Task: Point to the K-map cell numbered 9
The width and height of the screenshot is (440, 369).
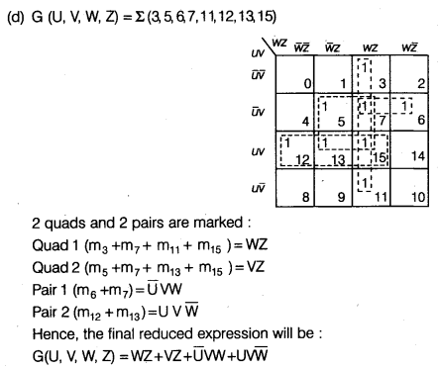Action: coord(335,188)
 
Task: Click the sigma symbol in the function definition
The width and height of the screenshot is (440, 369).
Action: coord(150,16)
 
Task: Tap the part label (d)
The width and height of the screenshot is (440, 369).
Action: coord(18,17)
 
